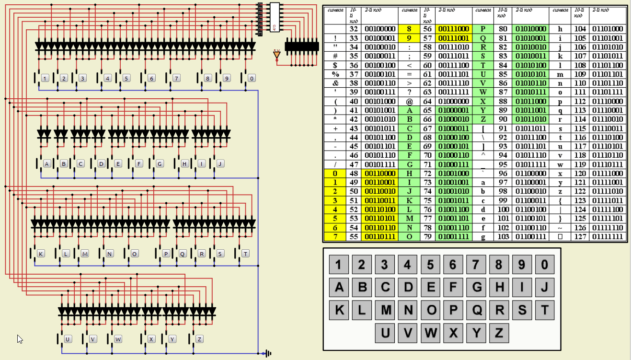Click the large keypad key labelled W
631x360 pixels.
click(x=431, y=333)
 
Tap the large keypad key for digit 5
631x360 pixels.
click(x=430, y=264)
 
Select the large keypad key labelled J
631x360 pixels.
click(x=544, y=287)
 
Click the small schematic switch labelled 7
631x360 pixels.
click(x=176, y=78)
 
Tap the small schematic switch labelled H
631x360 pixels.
click(x=185, y=163)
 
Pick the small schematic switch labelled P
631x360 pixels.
click(x=166, y=254)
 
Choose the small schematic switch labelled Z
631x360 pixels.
click(x=199, y=339)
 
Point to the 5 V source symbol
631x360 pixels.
click(x=276, y=55)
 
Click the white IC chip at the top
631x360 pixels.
click(x=274, y=18)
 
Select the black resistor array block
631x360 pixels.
click(x=302, y=46)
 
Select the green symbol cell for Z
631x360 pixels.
click(x=483, y=119)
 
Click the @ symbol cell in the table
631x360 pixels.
click(x=409, y=102)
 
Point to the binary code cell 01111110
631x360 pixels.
click(x=608, y=228)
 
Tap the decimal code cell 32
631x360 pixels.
click(x=354, y=29)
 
